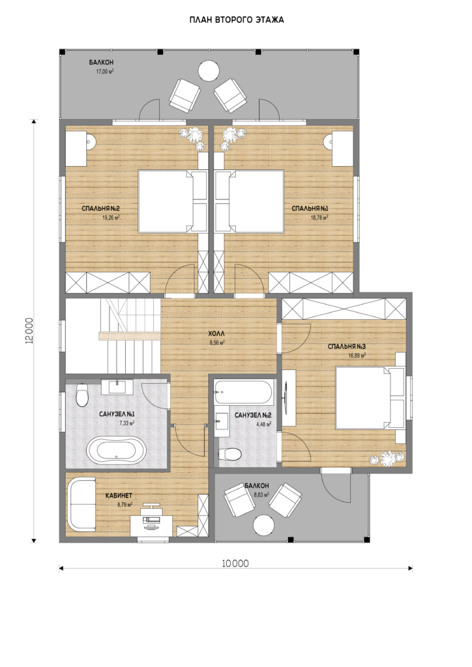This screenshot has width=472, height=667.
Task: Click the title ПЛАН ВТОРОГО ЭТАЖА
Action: [x=237, y=20]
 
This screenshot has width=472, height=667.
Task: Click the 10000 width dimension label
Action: [x=235, y=563]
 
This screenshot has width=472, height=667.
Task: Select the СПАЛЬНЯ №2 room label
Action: [x=100, y=208]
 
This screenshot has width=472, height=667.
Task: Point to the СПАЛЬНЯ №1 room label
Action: [x=310, y=208]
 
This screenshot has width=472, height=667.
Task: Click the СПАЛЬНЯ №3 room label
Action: [x=346, y=347]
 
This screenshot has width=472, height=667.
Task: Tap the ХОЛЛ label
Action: [x=216, y=334]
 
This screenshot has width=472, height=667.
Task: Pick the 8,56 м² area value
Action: [x=218, y=341]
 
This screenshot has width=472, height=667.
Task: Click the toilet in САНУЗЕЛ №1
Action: [x=81, y=394]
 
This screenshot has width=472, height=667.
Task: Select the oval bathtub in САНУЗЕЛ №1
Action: [x=117, y=451]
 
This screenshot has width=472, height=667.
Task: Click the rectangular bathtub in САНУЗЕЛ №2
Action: [x=244, y=391]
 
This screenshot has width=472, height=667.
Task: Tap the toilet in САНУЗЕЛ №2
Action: [x=229, y=454]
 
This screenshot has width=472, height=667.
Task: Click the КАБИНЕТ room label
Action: [x=119, y=496]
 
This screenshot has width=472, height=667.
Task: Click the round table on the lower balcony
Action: [x=263, y=524]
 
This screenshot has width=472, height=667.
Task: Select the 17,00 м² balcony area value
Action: [x=105, y=72]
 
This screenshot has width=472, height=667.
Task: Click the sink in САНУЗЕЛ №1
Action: [x=117, y=387]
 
